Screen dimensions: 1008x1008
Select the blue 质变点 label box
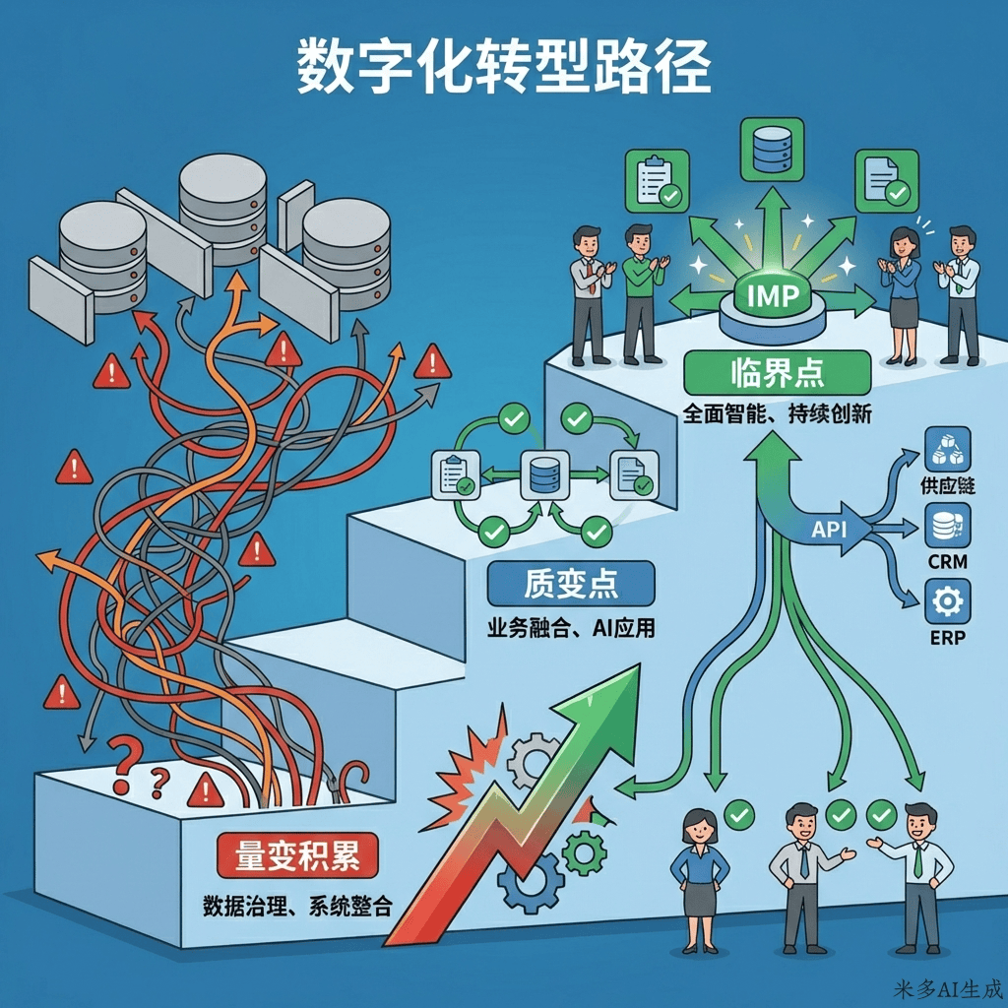pyautogui.click(x=571, y=585)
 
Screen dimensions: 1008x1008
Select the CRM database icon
pyautogui.click(x=946, y=526)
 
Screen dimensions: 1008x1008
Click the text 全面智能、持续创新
pyautogui.click(x=777, y=414)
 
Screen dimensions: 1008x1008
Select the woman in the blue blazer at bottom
pyautogui.click(x=699, y=876)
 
